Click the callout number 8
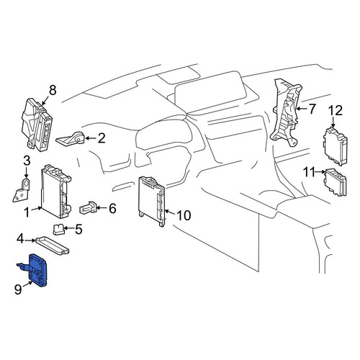point(53,90)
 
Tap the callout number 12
point(336,111)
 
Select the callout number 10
point(184,215)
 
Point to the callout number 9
point(18,289)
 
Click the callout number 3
point(27,161)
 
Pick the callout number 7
point(312,109)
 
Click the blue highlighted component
point(36,270)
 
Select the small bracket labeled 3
point(21,190)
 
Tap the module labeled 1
point(56,192)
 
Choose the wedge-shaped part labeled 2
point(71,139)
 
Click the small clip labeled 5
point(58,229)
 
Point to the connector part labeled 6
point(88,207)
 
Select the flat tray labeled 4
point(53,246)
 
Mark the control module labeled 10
point(152,202)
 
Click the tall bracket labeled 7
point(286,112)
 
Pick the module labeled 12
point(336,146)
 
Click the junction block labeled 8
point(37,125)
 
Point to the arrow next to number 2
point(90,138)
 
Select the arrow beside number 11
point(320,172)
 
